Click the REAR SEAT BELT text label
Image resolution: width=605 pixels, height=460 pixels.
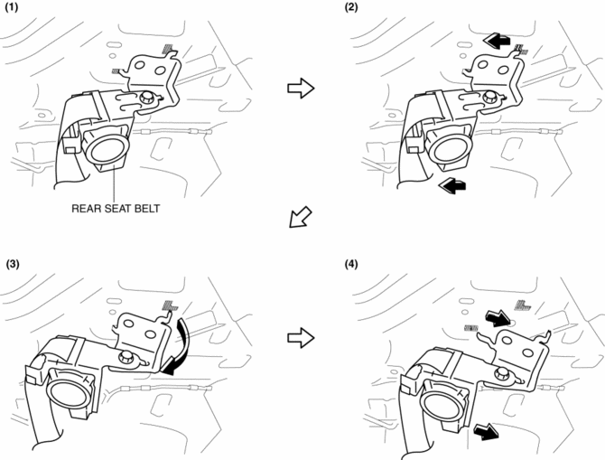click(x=115, y=207)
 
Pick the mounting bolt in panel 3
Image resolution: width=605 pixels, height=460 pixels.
click(x=126, y=358)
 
